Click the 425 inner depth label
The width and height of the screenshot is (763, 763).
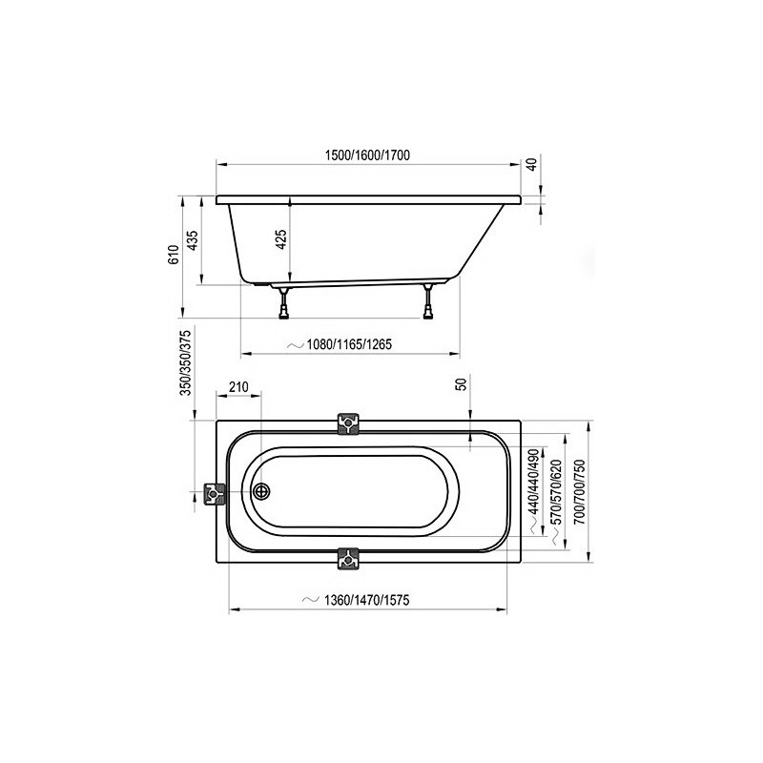[x=281, y=240]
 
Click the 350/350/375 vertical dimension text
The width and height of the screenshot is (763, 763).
[x=187, y=363]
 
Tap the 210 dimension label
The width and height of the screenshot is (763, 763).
[x=238, y=387]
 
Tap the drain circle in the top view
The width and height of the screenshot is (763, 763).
[x=262, y=492]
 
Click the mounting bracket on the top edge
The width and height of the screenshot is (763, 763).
[x=348, y=423]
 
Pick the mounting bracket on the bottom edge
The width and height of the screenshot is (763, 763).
[x=348, y=558]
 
